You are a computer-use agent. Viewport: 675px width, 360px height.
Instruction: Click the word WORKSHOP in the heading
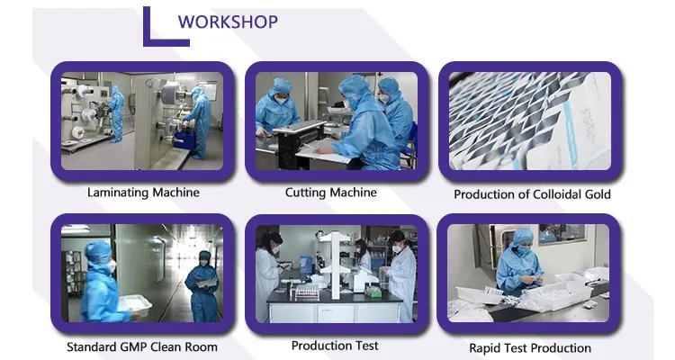point(229,22)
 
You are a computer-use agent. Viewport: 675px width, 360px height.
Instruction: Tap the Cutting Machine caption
point(330,193)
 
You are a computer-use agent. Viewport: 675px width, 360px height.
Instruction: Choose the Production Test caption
point(335,346)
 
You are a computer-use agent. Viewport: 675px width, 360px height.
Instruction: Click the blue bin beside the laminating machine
point(185,140)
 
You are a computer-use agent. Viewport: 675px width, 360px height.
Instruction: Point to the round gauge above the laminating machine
point(149,83)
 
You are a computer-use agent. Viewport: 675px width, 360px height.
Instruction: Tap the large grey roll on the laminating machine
point(171,92)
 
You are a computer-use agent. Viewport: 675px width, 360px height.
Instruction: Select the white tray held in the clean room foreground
point(135,305)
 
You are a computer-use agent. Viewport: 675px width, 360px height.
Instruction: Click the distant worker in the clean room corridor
point(202,286)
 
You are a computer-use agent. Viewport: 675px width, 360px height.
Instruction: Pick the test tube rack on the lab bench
point(307,293)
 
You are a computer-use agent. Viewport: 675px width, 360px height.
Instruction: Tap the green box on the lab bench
point(373,292)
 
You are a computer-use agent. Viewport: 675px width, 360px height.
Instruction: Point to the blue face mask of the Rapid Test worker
point(524,249)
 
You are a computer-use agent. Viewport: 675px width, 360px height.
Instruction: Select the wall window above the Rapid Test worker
point(562,235)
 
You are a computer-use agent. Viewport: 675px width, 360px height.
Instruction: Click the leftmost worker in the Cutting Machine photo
point(277,107)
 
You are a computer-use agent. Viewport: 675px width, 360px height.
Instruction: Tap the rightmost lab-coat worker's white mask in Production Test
point(397,248)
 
